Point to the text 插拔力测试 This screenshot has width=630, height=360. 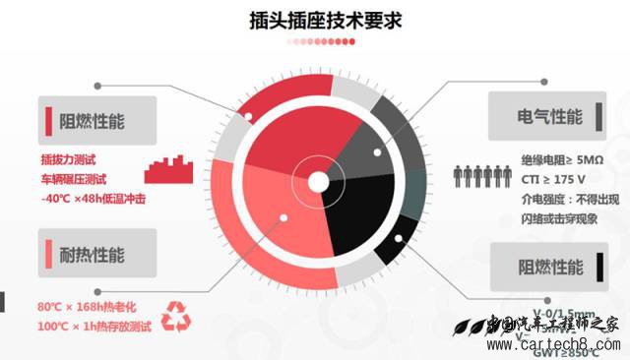tap(71, 159)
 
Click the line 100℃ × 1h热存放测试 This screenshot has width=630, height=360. tap(94, 325)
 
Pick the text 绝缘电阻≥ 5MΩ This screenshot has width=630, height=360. tap(562, 159)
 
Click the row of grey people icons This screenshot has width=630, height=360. tap(481, 177)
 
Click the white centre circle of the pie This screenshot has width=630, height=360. tap(318, 182)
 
